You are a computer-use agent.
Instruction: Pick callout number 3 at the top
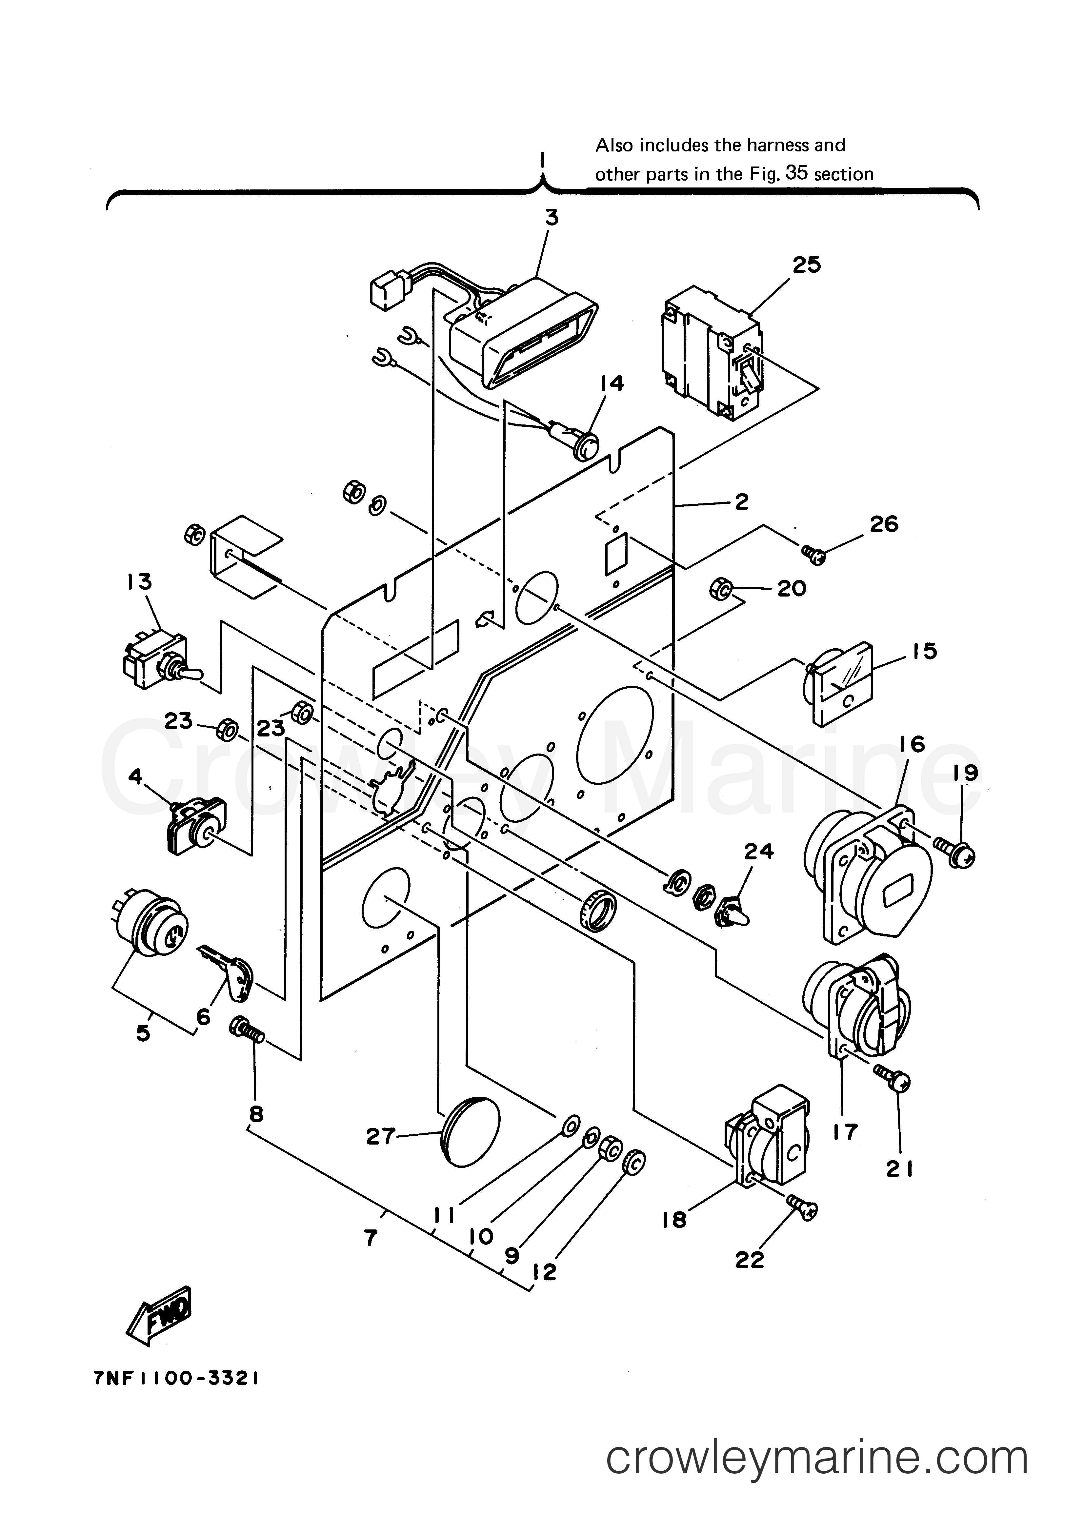(x=552, y=218)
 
